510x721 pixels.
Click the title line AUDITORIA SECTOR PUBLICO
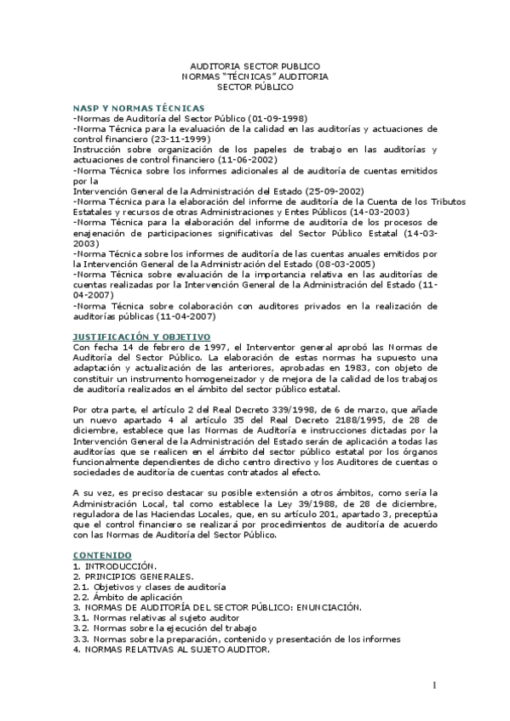point(255,65)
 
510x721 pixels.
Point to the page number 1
point(433,685)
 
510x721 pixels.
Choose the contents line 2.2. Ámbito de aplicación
point(134,597)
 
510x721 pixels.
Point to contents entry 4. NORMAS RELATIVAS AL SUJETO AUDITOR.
point(170,649)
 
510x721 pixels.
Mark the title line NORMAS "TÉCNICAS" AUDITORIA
point(255,76)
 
